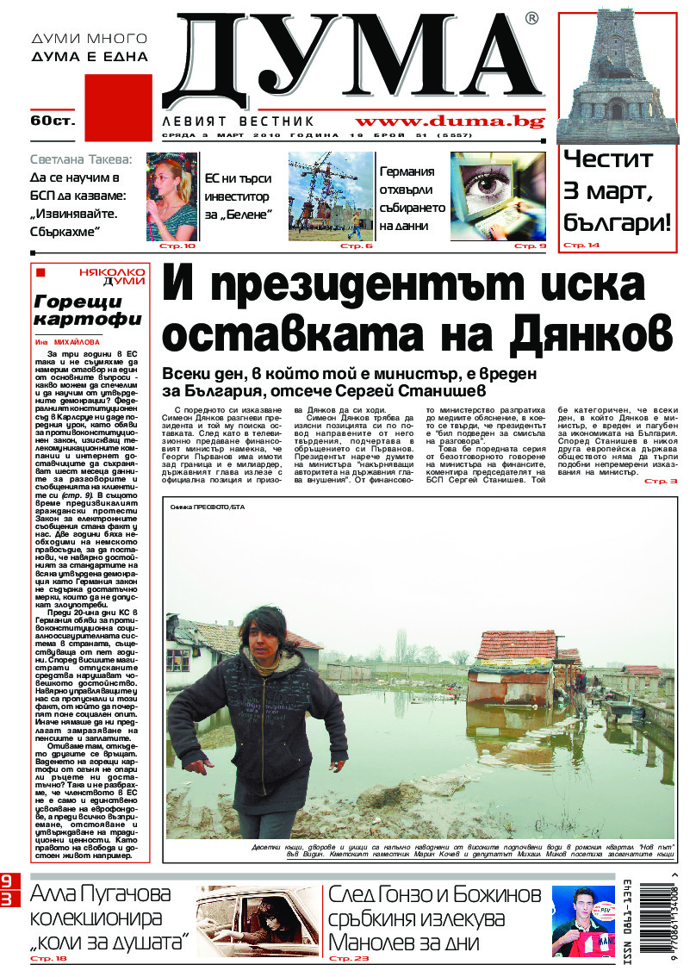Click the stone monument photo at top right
(x=614, y=76)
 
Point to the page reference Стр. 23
(x=349, y=958)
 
